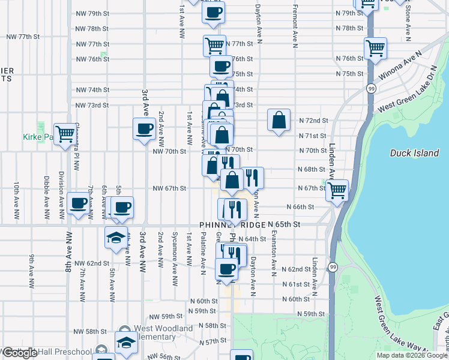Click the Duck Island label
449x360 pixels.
[x=414, y=153]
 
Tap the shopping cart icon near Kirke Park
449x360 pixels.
[x=64, y=133]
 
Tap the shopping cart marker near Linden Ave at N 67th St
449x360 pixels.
[x=337, y=190]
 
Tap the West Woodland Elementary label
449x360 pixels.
[x=163, y=332]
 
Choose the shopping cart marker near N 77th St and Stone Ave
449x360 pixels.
[x=375, y=48]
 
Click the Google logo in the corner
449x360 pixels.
[x=19, y=353]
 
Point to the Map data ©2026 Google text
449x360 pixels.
[x=412, y=355]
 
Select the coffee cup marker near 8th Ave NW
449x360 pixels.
[x=79, y=203]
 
